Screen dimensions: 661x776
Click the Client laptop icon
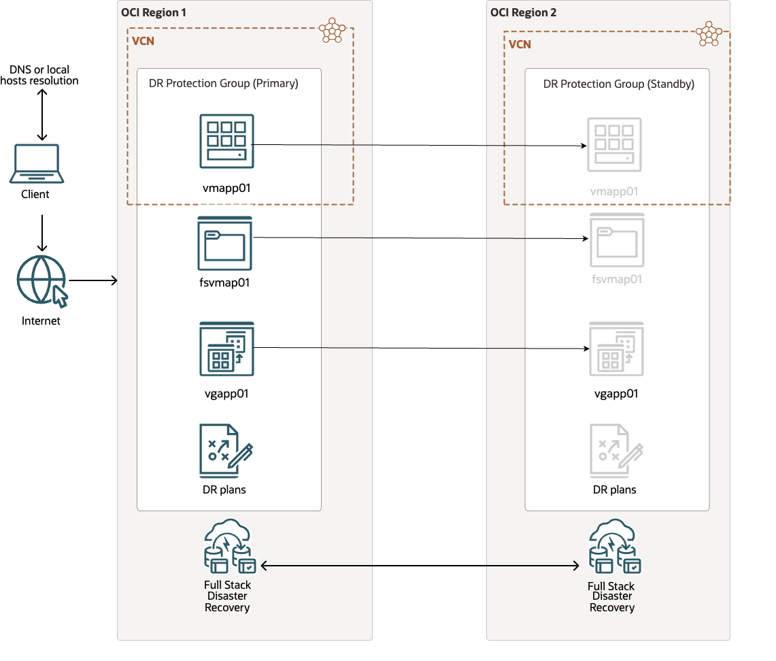37,164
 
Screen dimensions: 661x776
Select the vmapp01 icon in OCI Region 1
226,141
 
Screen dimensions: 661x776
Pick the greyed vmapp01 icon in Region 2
614,144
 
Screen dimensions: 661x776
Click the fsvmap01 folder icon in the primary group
224,243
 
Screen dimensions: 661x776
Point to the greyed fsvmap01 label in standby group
617,279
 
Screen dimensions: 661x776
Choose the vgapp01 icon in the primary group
226,349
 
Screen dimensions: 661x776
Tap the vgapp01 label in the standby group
616,394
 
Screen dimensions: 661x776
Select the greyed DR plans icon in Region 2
615,450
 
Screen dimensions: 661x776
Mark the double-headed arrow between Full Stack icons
420,565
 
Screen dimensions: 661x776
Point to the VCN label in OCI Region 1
143,41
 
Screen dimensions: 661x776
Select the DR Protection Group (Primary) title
224,84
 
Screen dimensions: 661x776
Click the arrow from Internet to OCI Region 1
93,280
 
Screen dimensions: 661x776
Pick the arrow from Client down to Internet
42,233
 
